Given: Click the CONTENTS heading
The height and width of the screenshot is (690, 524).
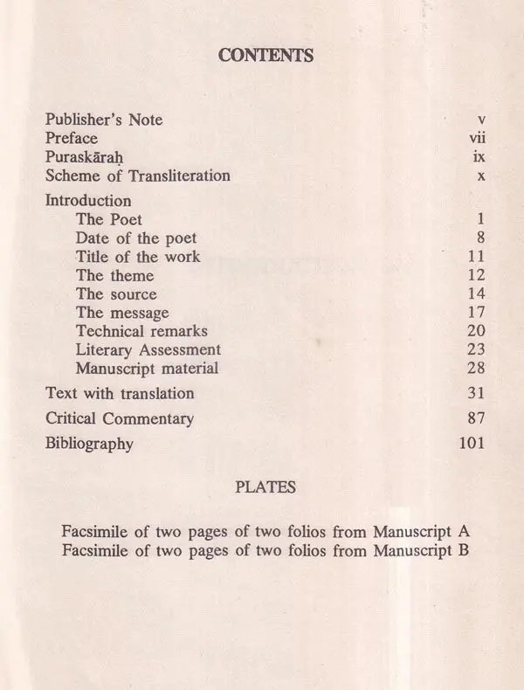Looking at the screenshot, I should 265,56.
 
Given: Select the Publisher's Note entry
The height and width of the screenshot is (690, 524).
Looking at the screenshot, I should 104,120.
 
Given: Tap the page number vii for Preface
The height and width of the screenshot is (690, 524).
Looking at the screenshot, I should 477,138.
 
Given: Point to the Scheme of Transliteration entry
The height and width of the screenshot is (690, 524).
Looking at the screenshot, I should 138,176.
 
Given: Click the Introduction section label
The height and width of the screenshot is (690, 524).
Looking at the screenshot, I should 88,200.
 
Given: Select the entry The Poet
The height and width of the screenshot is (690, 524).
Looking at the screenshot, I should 109,218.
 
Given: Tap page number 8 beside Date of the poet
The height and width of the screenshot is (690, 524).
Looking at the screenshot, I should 481,238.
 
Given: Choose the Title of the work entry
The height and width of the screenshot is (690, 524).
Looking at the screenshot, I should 138,257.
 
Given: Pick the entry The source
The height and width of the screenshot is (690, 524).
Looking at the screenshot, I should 116,293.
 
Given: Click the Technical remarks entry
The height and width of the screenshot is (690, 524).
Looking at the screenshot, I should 141,331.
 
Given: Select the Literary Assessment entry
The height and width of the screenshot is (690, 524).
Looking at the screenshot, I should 148,349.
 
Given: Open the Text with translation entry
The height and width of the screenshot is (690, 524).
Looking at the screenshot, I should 120,393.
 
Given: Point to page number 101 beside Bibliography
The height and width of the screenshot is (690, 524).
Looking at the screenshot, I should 472,444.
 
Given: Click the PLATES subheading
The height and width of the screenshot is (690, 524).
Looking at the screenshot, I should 265,487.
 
